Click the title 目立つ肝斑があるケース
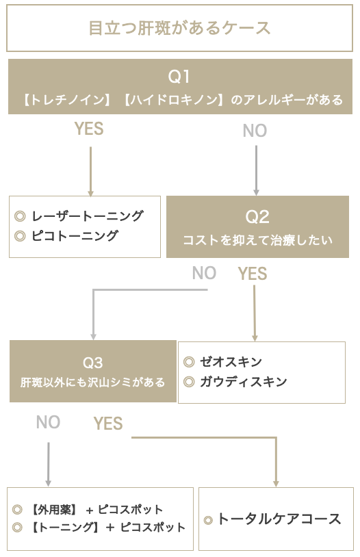coord(179,28)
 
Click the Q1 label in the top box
coord(179,77)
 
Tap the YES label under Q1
coord(89,129)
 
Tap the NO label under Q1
coord(255,131)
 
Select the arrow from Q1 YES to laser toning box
coord(90,172)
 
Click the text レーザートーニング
coord(88,216)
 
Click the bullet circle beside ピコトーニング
coord(20,236)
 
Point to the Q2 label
coord(257,217)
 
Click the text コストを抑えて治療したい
coord(257,240)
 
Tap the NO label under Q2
coord(205,273)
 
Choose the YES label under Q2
coord(253,274)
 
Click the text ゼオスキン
coord(231,361)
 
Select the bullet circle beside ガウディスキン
coord(189,382)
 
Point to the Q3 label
coord(93,363)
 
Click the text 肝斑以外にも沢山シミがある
coord(93,383)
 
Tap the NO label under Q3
coord(49,422)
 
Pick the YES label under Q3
coord(108,424)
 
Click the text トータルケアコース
coord(279,519)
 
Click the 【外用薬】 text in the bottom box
coord(54,510)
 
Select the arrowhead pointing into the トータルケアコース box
coord(276,484)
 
